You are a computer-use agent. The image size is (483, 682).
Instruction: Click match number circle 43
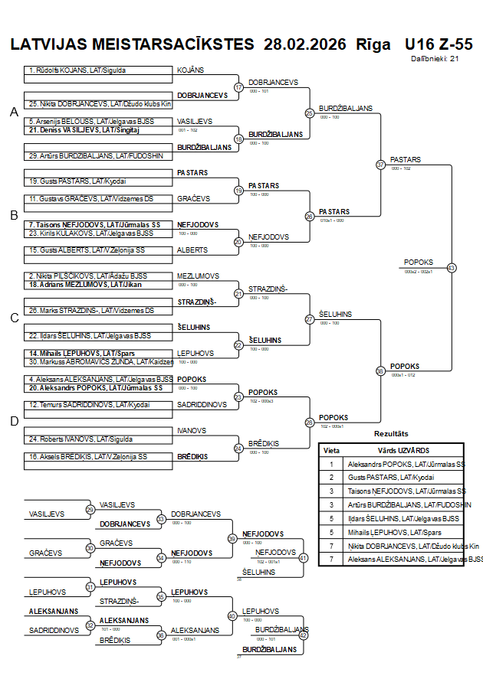coord(452,268)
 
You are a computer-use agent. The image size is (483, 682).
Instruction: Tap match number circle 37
coord(380,165)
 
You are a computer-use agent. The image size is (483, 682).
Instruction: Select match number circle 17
coord(238,87)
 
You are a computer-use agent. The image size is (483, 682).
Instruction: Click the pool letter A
coord(14,113)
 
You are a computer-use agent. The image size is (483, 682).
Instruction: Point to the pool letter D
coord(14,421)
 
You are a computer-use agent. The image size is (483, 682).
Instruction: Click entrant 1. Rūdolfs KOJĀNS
coord(77,70)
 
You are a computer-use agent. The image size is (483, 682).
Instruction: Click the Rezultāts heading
coord(391,434)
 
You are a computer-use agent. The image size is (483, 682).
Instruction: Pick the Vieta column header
coord(332,450)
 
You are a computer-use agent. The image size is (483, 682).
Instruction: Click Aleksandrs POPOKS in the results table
coord(406,464)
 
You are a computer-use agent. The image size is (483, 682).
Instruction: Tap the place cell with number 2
coord(332,477)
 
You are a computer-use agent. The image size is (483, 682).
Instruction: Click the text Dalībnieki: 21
coord(435,57)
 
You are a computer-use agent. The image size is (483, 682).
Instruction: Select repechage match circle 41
coord(303,558)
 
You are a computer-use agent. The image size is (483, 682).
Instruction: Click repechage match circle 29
coord(90,510)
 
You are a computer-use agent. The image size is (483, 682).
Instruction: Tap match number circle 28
coord(310,423)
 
